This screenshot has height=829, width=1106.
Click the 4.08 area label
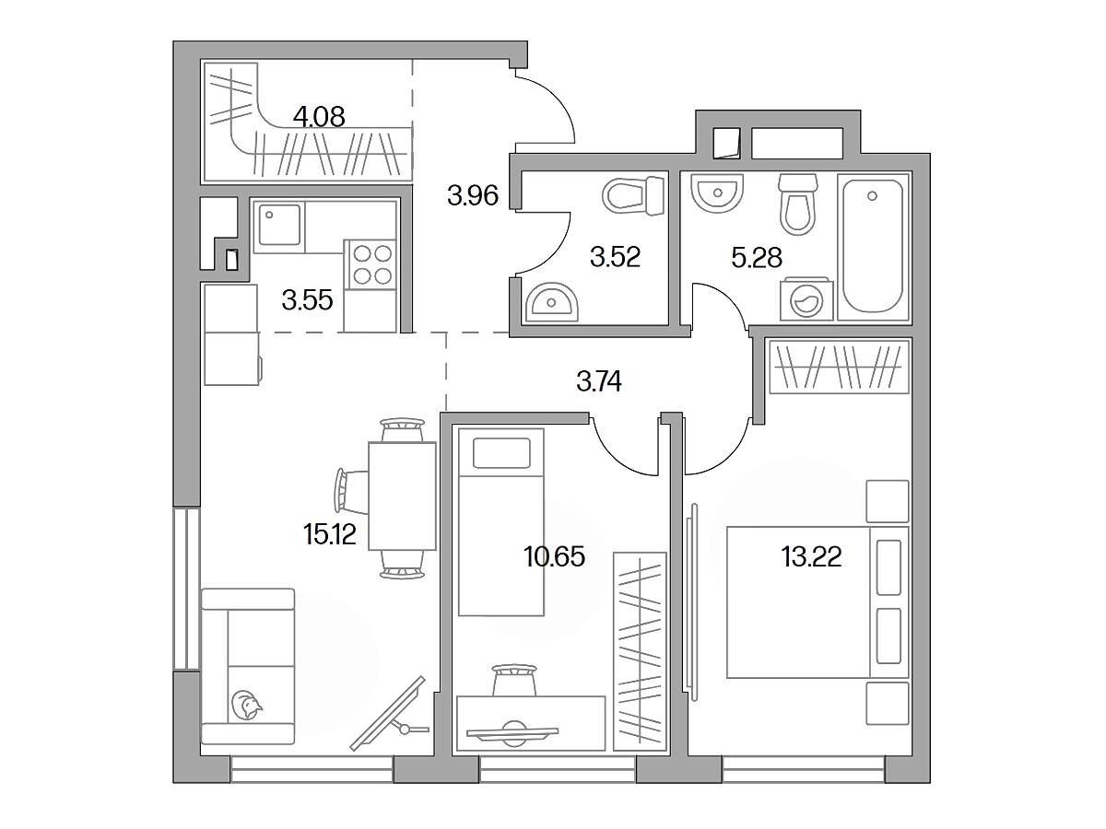[319, 117]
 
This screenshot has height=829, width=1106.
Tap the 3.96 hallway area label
[473, 195]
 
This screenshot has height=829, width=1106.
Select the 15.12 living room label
[330, 534]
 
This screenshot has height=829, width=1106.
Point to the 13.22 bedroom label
[811, 557]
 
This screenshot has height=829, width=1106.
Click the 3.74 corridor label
[598, 381]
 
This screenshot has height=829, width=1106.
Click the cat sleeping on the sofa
[246, 705]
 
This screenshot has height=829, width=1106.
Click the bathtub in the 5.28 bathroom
[873, 247]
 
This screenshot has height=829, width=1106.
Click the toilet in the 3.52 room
[634, 195]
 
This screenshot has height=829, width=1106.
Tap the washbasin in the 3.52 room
[551, 301]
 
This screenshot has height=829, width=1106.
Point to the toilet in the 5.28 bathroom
[797, 204]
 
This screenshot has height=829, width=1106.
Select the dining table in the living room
[402, 496]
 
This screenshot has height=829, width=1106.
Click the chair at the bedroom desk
[514, 681]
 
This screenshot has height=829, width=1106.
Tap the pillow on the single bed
[501, 452]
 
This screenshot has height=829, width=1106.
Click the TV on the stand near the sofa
[388, 713]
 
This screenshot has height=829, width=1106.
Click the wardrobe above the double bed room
[838, 367]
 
